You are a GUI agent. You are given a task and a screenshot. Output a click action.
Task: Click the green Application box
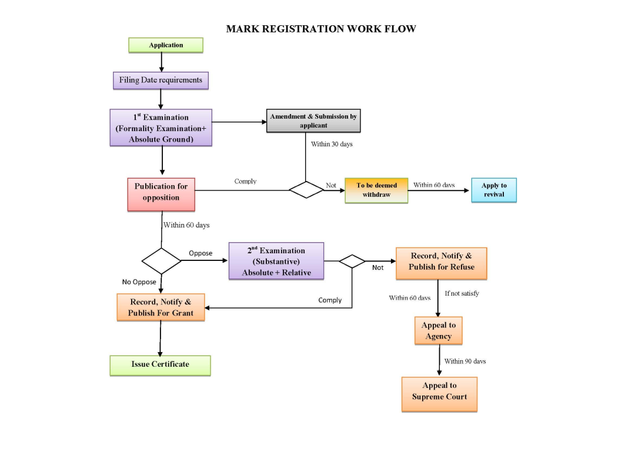166,45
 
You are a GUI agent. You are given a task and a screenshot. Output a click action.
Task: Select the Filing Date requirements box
161,80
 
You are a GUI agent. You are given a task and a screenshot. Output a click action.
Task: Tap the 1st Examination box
161,128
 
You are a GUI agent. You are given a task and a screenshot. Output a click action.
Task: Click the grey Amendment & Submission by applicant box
313,120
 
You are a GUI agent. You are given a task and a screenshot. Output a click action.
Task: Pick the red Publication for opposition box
161,195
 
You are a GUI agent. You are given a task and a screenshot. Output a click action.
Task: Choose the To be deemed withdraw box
376,190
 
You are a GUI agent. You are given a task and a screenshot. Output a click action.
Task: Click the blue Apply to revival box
494,190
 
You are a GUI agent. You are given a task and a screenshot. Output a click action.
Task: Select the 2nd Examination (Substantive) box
276,261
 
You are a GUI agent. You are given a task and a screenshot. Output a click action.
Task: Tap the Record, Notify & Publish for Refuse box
441,262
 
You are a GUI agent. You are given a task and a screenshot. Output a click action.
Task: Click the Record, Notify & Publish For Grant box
161,307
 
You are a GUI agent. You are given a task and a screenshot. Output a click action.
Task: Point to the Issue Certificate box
160,364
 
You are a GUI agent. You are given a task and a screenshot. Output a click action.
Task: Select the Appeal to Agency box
439,331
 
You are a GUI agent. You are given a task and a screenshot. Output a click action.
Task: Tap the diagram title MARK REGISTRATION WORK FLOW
321,29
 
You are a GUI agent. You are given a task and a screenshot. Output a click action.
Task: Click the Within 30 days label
332,143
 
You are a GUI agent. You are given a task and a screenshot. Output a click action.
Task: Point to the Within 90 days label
465,361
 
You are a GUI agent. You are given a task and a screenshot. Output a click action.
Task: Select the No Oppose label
139,282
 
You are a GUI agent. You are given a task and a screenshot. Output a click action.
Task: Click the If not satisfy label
462,293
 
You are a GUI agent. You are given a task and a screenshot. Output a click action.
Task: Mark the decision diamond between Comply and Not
306,190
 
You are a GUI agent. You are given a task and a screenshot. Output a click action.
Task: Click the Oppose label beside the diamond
200,253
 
